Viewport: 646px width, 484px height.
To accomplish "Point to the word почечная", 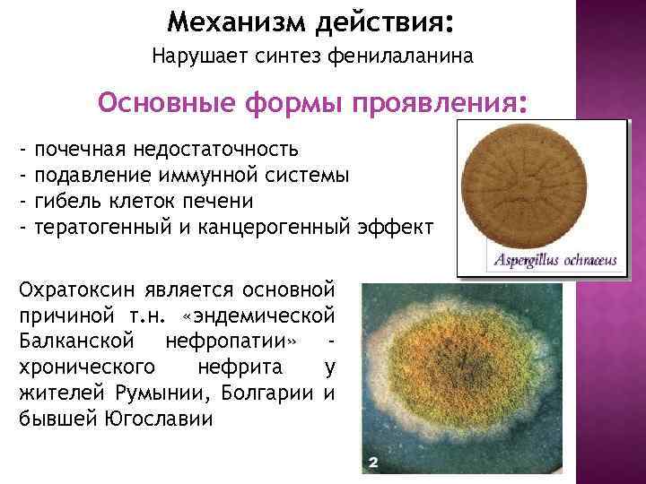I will (x=79, y=147).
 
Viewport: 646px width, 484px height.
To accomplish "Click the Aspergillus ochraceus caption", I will (x=551, y=261).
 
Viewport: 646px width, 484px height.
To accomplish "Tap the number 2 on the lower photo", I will (x=374, y=462).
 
